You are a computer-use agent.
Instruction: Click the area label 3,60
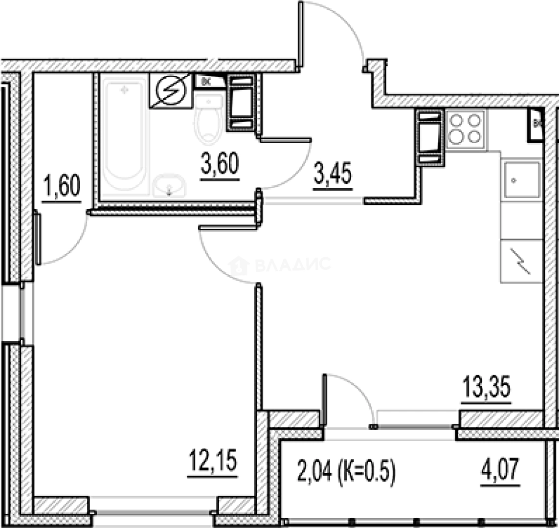220,164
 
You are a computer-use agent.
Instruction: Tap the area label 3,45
333,175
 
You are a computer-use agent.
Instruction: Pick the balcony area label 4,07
501,472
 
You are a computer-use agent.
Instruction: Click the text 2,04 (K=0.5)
345,472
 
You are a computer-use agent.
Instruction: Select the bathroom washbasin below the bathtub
169,186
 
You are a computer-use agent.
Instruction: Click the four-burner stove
466,129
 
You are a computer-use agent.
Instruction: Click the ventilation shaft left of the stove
429,137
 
